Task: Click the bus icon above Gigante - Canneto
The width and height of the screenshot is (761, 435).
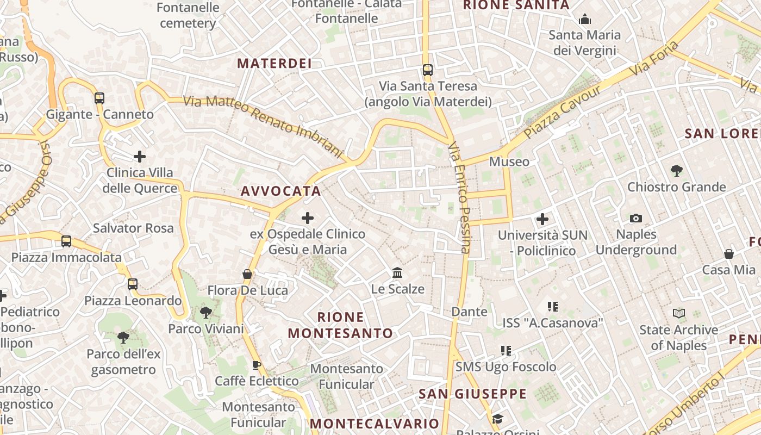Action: pyautogui.click(x=99, y=98)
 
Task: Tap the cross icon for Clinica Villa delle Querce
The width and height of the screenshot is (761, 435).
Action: pyautogui.click(x=140, y=157)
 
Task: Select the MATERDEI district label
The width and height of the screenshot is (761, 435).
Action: pyautogui.click(x=275, y=64)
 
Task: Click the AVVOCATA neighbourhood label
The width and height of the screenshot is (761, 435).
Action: pyautogui.click(x=281, y=191)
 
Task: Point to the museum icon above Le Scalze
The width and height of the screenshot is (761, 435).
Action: pyautogui.click(x=397, y=272)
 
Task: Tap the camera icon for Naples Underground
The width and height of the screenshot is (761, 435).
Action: pyautogui.click(x=636, y=218)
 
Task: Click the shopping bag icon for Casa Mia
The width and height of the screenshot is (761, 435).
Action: pyautogui.click(x=729, y=254)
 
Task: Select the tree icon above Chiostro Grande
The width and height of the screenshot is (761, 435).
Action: pyautogui.click(x=677, y=171)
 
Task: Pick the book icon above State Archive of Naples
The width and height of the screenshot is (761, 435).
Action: pyautogui.click(x=679, y=313)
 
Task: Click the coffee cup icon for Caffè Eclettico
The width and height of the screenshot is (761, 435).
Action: pyautogui.click(x=257, y=365)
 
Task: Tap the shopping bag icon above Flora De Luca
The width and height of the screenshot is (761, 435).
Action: pyautogui.click(x=247, y=274)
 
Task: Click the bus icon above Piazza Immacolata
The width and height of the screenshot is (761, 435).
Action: pyautogui.click(x=66, y=241)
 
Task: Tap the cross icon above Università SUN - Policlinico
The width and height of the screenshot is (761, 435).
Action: pyautogui.click(x=542, y=219)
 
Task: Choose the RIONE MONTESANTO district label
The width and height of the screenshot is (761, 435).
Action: pyautogui.click(x=340, y=325)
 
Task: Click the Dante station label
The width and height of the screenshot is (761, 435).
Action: pyautogui.click(x=470, y=312)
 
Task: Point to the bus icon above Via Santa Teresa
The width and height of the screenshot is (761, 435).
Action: pyautogui.click(x=428, y=70)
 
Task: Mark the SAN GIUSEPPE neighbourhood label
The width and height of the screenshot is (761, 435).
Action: pyautogui.click(x=473, y=394)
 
